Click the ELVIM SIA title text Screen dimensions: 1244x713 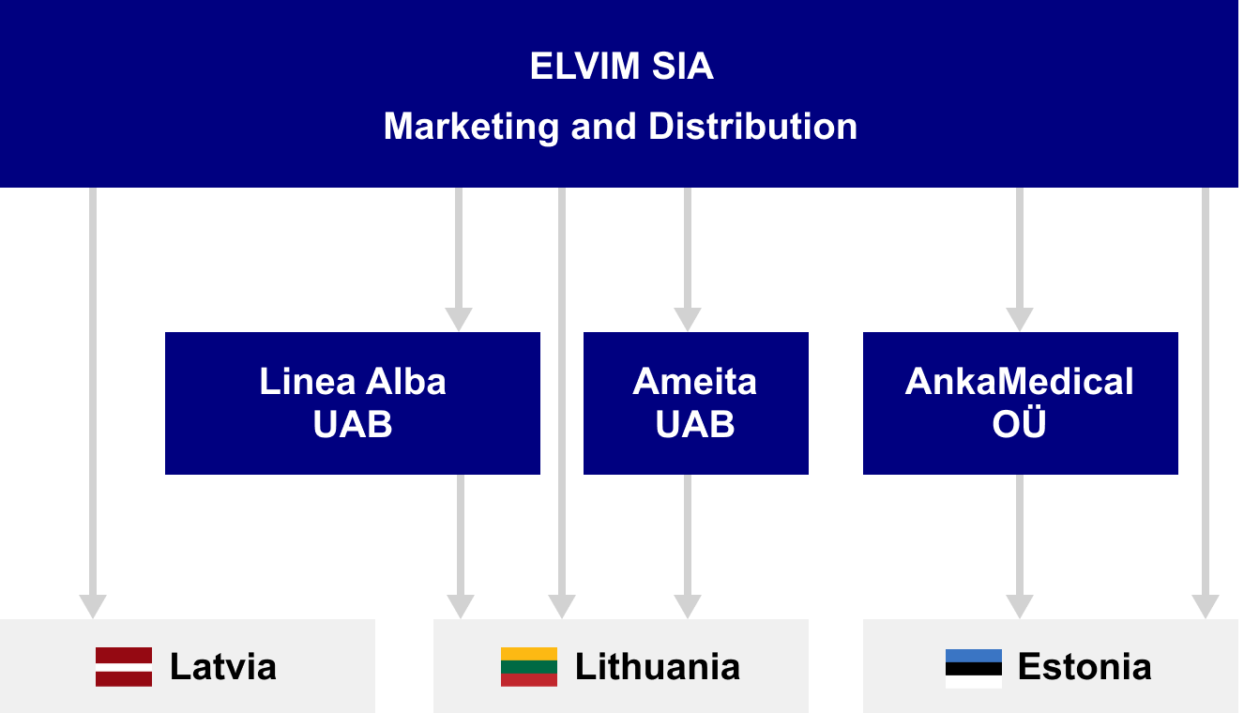pos(621,67)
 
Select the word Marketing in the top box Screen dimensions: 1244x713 pos(472,127)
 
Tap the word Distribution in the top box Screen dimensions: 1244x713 pos(752,126)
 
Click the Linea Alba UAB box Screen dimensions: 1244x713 pos(353,403)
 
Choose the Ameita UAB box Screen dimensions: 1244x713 pos(696,403)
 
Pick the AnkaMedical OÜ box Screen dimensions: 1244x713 pos(1020,403)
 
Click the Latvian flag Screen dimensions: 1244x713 pos(124,667)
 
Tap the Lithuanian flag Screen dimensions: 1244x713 pos(529,667)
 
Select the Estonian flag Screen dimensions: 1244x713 pos(974,669)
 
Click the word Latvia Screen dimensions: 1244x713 pos(222,667)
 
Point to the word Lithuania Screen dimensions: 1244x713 pos(658,667)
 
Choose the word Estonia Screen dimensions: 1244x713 pos(1085,667)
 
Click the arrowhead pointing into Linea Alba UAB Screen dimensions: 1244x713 pos(459,319)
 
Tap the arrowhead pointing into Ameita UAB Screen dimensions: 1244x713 pos(688,319)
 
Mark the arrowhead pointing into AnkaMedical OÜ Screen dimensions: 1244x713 pos(1020,319)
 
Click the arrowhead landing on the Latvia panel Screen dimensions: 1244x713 pos(93,606)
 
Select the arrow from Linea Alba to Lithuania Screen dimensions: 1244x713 pos(461,547)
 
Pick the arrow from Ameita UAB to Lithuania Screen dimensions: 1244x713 pos(688,547)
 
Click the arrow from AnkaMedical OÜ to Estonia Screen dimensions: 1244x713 pos(1020,547)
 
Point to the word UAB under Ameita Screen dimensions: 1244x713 pos(695,424)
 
